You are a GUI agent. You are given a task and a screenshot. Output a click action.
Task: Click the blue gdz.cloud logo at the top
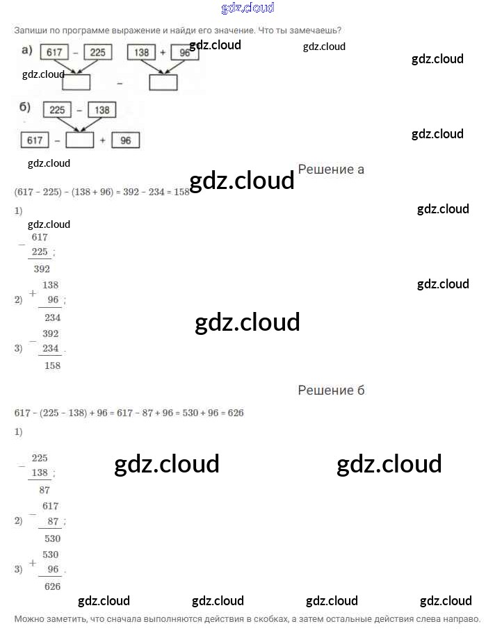coord(247,8)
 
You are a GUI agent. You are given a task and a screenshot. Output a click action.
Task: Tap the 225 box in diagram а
coord(98,53)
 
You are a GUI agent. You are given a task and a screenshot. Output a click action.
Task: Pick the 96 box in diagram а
coord(184,53)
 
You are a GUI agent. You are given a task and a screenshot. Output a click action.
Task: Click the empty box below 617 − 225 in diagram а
coord(76,82)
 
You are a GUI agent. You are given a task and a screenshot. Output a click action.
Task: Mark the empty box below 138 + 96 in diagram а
coord(163,82)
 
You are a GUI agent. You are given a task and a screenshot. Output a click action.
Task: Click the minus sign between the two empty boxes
coord(120,83)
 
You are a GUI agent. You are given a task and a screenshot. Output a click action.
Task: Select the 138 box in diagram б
coord(102,110)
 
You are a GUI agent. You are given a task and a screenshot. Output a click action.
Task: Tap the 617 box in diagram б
coord(35,140)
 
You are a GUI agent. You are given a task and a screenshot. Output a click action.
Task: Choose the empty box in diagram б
coord(79,140)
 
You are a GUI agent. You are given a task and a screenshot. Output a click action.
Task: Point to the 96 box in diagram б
coord(125,140)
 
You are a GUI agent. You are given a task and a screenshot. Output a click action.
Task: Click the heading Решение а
coord(331,169)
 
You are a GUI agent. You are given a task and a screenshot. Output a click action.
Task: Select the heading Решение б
coord(331,390)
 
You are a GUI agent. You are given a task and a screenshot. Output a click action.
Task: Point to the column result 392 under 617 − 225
coord(42,269)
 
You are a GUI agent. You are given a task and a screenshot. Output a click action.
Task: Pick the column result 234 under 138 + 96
coord(52,318)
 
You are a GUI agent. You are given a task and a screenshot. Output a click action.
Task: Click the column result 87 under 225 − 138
coord(44,490)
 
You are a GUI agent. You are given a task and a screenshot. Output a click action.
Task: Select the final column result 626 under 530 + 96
coord(52,586)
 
